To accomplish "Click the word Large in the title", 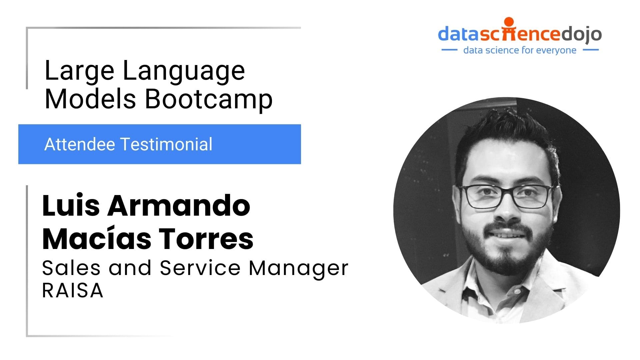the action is [79, 71].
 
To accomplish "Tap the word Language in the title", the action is [184, 71].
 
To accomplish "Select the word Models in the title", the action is [90, 99].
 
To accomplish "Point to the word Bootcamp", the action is [209, 99].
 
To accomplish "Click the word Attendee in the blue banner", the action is [80, 144].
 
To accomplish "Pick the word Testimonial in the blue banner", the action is [166, 144].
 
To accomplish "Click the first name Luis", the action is [71, 205].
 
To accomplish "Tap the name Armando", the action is [179, 205].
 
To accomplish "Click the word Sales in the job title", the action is [71, 268].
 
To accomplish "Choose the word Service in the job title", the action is [200, 268].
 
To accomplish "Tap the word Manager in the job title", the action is [299, 269].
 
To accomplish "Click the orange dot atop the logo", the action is [509, 22].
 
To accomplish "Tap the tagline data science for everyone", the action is [520, 50].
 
